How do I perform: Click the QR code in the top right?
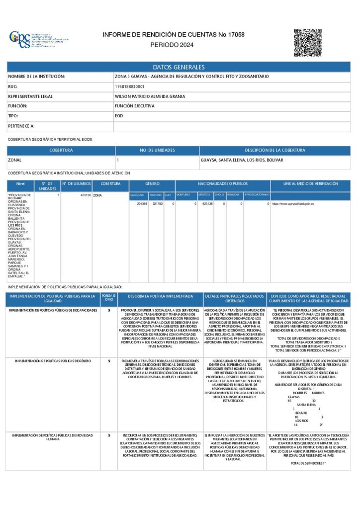tap(307, 42)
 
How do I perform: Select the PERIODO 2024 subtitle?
tap(172, 45)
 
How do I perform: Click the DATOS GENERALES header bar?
tap(179, 67)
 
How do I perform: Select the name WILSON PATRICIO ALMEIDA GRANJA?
tap(150, 96)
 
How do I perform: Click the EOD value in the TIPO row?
tap(119, 116)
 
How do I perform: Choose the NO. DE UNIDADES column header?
tap(157, 150)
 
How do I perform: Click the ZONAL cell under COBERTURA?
tap(14, 161)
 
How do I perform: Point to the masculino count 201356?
tap(142, 204)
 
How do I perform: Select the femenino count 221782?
tap(158, 204)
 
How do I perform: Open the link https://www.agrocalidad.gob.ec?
tap(292, 204)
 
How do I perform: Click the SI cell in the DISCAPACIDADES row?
tap(108, 310)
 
